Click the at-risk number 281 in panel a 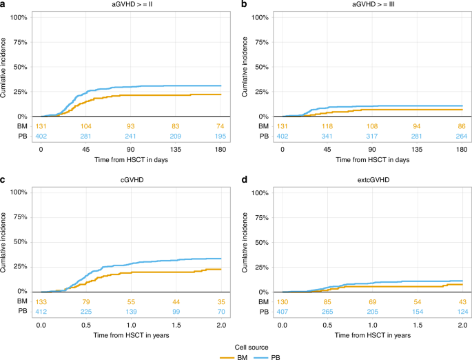[x=85, y=137]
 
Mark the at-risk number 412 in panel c [x=41, y=312]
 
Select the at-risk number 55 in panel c [x=130, y=302]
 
